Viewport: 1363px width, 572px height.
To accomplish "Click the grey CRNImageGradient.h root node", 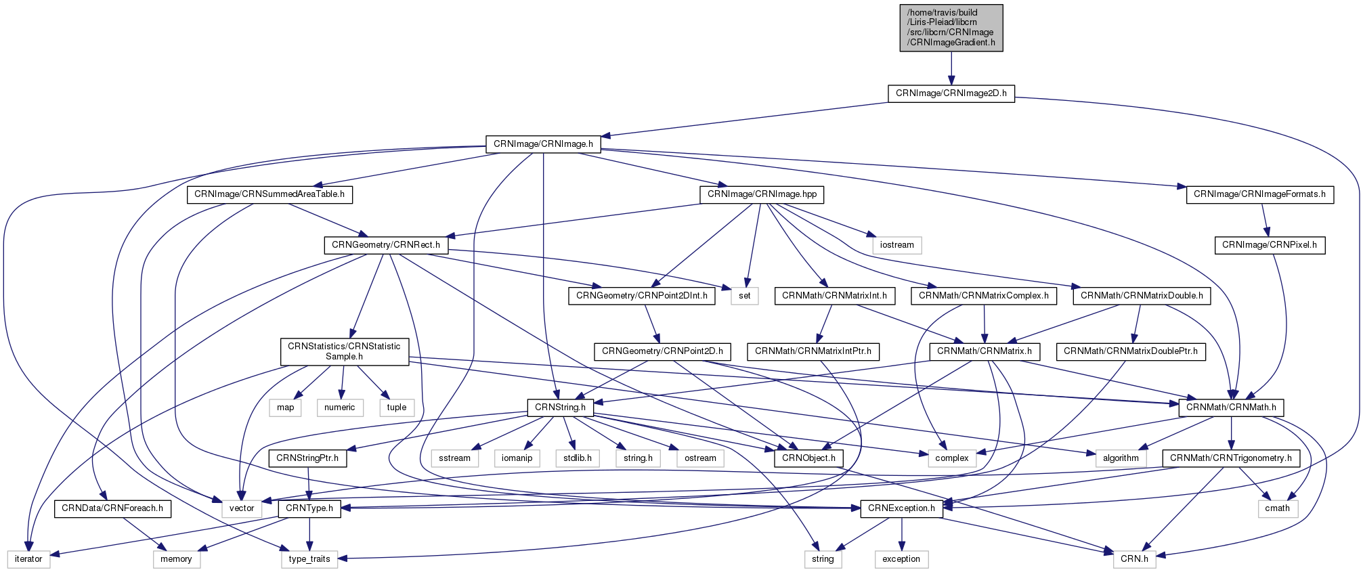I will [951, 28].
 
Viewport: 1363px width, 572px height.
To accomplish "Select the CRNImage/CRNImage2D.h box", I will [951, 93].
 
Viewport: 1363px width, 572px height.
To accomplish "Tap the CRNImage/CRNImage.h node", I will [543, 144].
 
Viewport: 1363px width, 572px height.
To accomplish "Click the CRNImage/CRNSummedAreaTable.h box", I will [269, 194].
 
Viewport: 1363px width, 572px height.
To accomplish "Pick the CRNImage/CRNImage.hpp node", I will [762, 194].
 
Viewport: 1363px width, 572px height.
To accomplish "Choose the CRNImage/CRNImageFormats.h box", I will [1259, 194].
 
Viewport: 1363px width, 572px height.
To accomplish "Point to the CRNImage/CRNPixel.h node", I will [1270, 245].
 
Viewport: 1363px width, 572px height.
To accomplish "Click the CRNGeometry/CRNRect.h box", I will [386, 245].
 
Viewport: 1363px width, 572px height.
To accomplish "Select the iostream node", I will [897, 245].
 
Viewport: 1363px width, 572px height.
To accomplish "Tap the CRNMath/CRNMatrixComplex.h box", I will [984, 296].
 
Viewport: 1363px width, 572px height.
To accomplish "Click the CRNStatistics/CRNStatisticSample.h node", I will [344, 351].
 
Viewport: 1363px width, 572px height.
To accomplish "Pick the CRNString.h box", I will [561, 408].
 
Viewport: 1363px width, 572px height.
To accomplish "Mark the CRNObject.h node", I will [808, 458].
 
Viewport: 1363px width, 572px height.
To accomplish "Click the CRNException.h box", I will [901, 508].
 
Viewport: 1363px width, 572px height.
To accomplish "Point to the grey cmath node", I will [1278, 508].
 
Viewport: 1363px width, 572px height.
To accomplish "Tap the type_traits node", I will [309, 559].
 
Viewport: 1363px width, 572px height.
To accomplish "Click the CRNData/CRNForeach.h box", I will [112, 508].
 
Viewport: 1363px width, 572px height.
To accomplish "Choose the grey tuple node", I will [397, 408].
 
